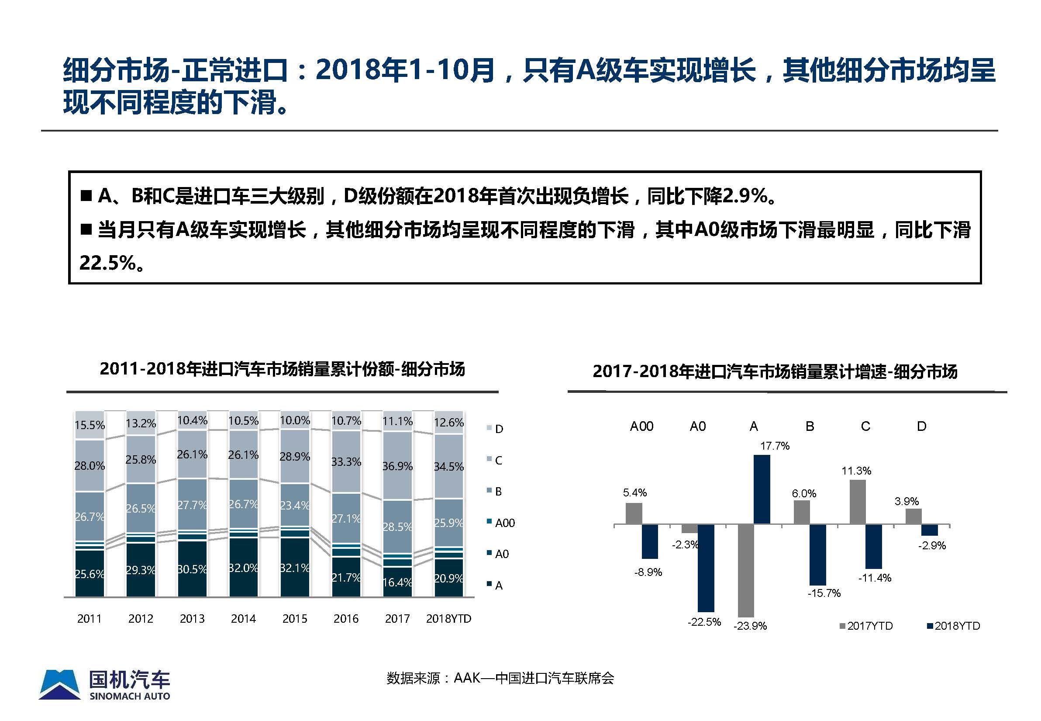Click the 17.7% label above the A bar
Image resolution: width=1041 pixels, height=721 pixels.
pyautogui.click(x=775, y=446)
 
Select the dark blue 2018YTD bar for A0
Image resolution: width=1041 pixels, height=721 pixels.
pyautogui.click(x=706, y=568)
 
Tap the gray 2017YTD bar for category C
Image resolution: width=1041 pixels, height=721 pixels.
pyautogui.click(x=857, y=502)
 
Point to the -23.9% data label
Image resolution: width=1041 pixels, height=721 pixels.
pyautogui.click(x=750, y=626)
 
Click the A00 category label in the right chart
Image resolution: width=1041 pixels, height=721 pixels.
pyautogui.click(x=641, y=426)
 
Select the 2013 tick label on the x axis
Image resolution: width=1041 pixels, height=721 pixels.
pyautogui.click(x=192, y=618)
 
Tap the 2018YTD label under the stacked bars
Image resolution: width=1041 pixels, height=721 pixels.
pyautogui.click(x=448, y=618)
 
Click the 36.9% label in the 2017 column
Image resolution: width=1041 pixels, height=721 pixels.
pyautogui.click(x=397, y=466)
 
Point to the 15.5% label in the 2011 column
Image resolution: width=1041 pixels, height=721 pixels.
pyautogui.click(x=90, y=425)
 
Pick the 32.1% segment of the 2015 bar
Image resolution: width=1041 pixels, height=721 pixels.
pyautogui.click(x=295, y=567)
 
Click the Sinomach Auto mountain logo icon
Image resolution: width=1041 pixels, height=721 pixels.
pyautogui.click(x=60, y=685)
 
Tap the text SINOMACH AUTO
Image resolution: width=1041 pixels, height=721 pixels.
pyautogui.click(x=130, y=696)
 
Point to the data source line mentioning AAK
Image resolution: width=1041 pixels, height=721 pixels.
pyautogui.click(x=500, y=678)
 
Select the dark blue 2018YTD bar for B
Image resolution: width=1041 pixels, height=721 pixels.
pyautogui.click(x=817, y=555)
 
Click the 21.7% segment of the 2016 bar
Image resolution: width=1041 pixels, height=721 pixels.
pyautogui.click(x=346, y=577)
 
